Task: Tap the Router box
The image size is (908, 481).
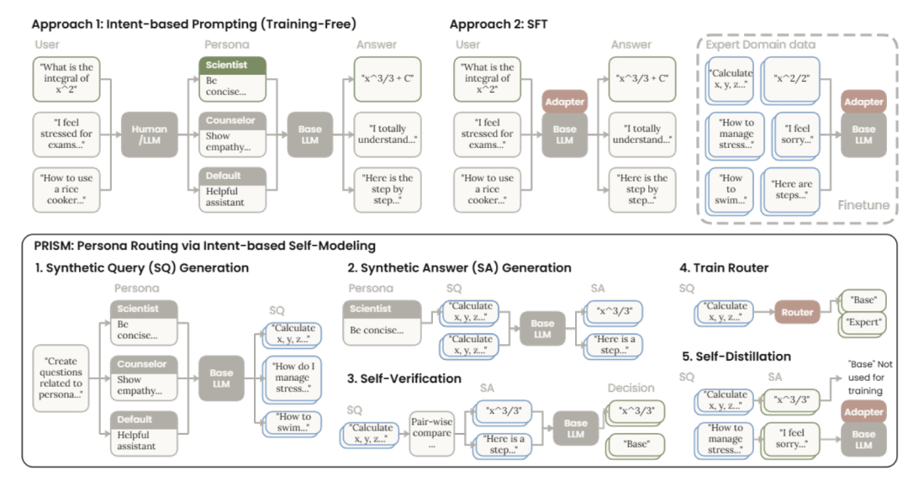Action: coord(796,311)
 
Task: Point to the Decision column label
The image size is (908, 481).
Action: coord(631,388)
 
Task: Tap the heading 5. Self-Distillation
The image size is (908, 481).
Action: coord(736,356)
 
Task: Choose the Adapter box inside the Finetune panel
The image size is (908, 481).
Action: coord(864,102)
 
